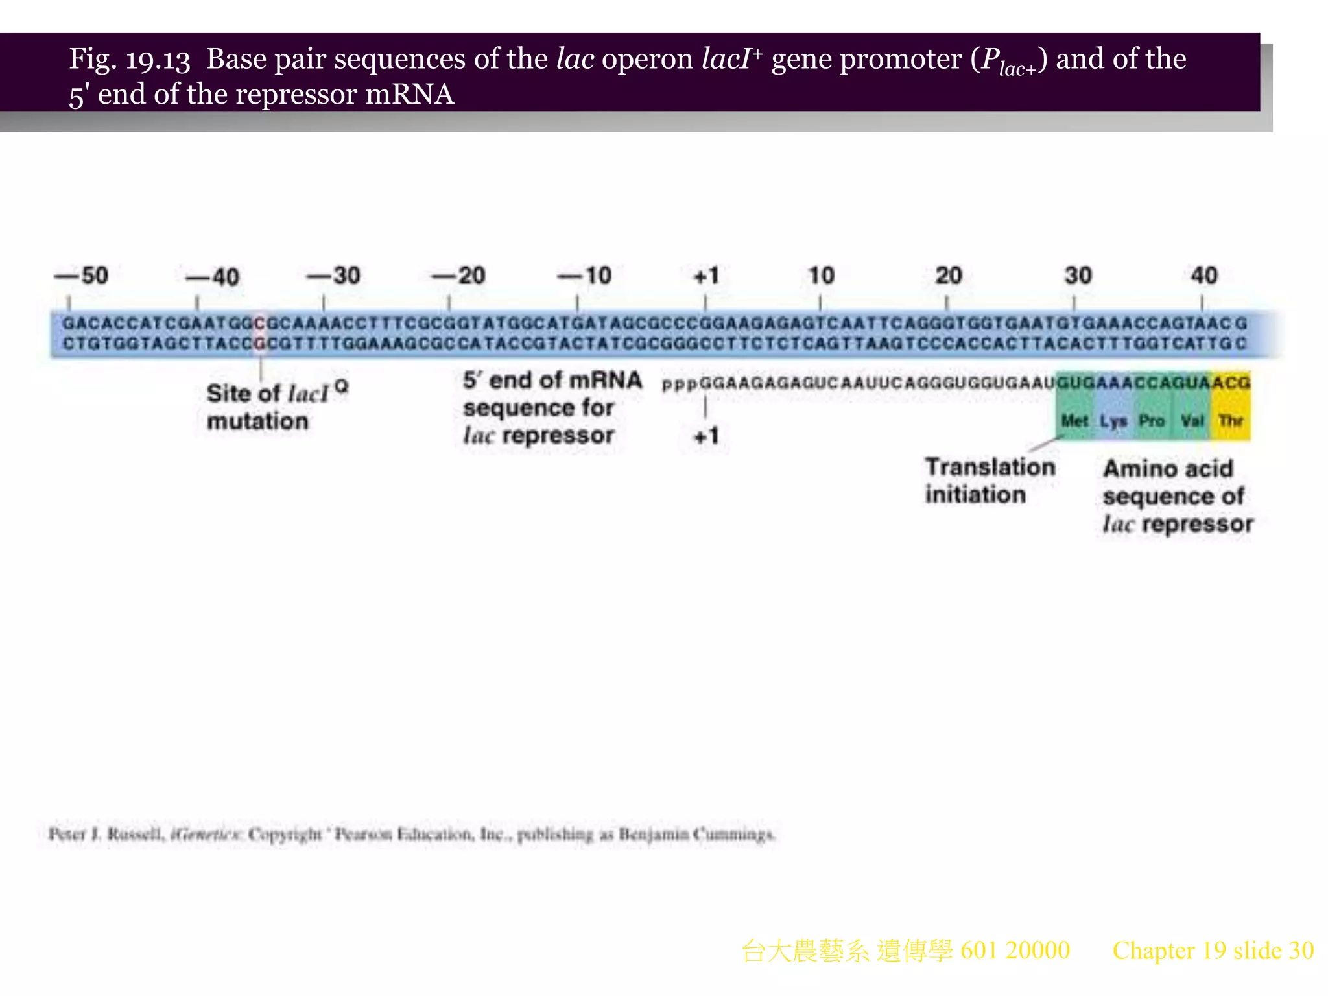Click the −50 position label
(82, 276)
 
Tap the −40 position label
(212, 278)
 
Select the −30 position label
(333, 276)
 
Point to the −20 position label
(458, 276)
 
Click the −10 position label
(584, 276)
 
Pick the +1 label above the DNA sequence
(706, 276)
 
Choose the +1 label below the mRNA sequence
(706, 436)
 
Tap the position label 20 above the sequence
(948, 276)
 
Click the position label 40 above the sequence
(1203, 276)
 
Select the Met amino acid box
(1074, 420)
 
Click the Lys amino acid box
(1113, 420)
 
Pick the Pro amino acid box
(1152, 420)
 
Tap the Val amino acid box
(1192, 420)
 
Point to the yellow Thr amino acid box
(1231, 420)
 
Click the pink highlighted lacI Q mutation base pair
(260, 333)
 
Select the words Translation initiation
(990, 480)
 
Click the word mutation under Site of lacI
(257, 421)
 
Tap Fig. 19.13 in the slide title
(130, 60)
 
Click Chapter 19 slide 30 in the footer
(1213, 951)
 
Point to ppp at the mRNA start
(680, 384)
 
